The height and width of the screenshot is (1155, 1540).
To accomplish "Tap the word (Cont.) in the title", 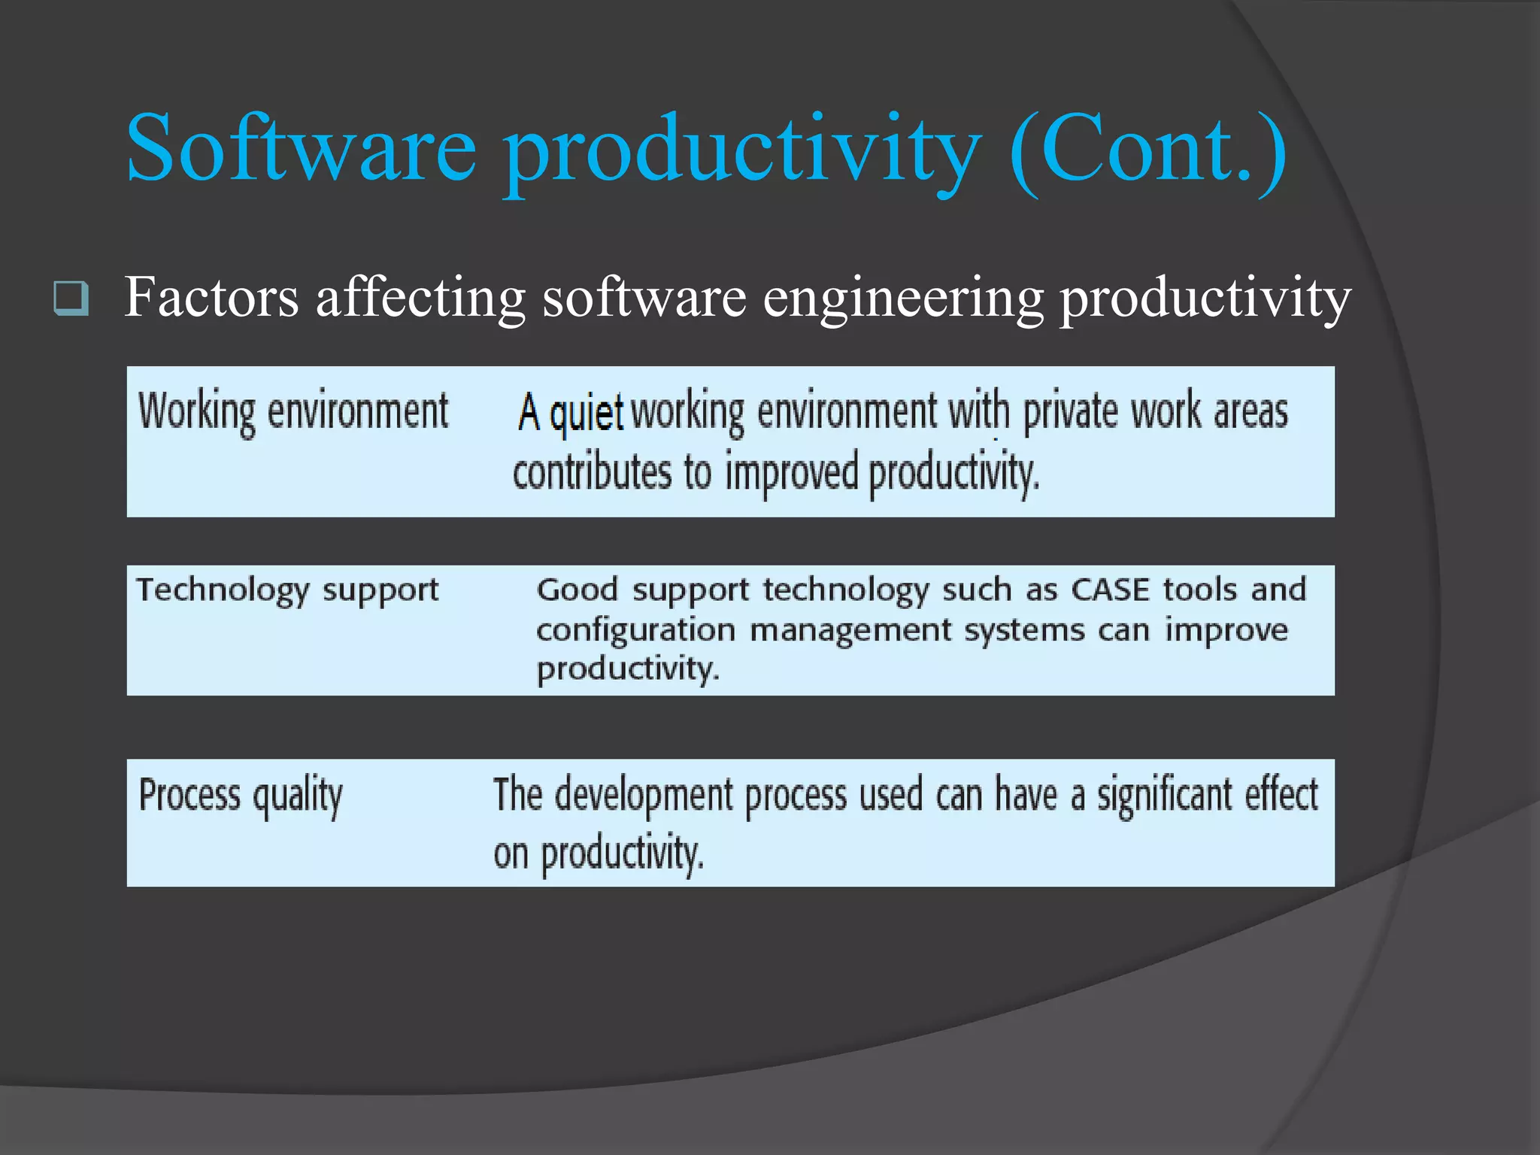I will click(1147, 149).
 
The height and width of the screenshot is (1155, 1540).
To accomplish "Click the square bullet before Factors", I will click(71, 298).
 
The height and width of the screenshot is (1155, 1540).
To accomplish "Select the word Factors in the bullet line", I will click(211, 297).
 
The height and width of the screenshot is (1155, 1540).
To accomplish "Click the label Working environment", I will click(293, 412).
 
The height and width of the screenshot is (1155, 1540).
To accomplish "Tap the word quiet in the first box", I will click(587, 413).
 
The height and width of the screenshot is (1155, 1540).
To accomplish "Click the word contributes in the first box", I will click(592, 472).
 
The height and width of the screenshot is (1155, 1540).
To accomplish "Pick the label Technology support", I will click(287, 590).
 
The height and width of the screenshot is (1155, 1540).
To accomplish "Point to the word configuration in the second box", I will click(635, 630).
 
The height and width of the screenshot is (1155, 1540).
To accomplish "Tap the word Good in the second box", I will click(577, 590).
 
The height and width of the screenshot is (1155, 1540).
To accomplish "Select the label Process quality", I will click(241, 796).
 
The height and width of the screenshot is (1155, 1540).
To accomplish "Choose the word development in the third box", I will click(644, 796).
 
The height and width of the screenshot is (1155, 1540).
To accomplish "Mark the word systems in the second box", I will click(1024, 630).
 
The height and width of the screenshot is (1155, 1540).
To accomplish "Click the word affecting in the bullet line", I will click(420, 297).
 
